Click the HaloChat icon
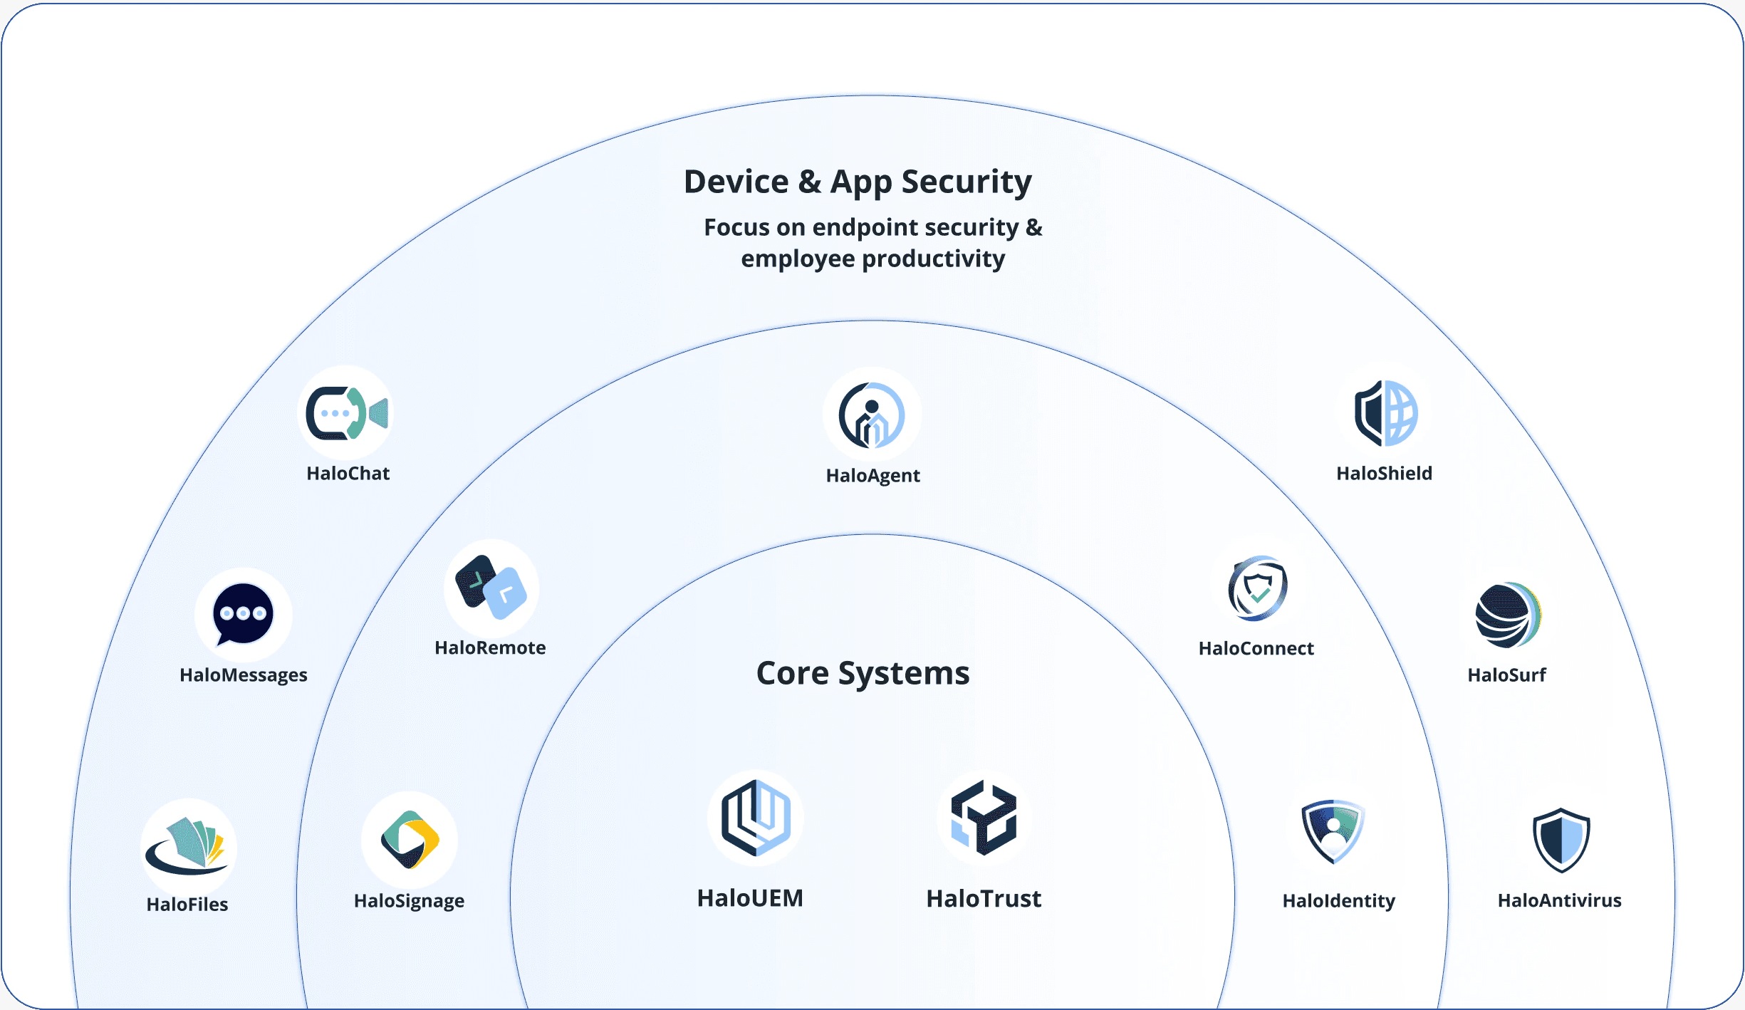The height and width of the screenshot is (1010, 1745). [346, 413]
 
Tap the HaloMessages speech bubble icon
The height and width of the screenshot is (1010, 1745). [243, 614]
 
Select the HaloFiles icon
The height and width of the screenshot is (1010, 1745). [188, 846]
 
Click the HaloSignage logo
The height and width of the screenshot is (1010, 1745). [410, 840]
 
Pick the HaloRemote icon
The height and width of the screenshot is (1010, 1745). [491, 588]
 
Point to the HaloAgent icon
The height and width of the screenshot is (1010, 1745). [872, 415]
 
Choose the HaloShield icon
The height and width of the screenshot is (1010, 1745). [1385, 413]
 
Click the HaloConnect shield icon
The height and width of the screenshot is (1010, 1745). [1258, 588]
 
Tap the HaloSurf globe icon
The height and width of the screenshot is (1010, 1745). [1508, 615]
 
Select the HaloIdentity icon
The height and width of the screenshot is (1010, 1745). [1333, 831]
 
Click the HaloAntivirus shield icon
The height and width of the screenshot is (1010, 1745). [1561, 840]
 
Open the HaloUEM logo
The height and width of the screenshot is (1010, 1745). [756, 818]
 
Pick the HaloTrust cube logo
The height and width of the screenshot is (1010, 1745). [984, 818]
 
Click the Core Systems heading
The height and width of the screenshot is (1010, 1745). [863, 673]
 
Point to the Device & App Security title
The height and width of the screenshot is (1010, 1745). [858, 182]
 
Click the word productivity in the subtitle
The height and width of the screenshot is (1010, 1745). [933, 259]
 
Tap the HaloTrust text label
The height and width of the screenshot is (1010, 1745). [984, 899]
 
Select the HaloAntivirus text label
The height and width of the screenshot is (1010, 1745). [1559, 901]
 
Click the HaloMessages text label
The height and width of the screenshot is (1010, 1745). [244, 675]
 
